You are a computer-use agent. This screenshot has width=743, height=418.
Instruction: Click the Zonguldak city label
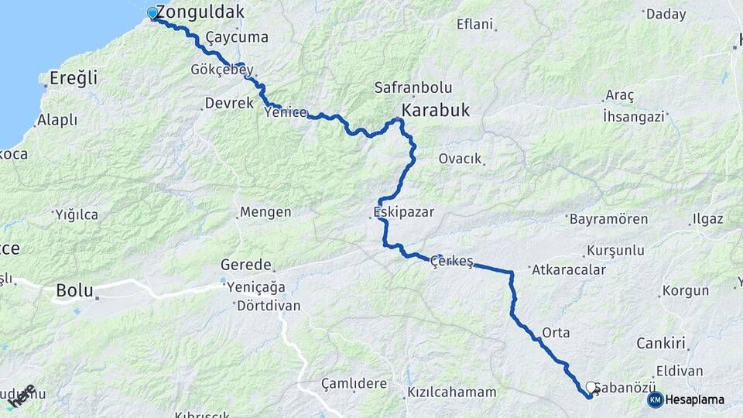pos(200,12)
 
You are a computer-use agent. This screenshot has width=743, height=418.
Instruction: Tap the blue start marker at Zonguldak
pos(152,13)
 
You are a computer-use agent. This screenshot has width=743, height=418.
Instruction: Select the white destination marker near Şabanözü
pos(591,387)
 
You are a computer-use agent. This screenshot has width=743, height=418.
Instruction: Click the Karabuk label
pos(435,111)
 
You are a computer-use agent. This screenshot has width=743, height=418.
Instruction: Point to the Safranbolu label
pos(413,88)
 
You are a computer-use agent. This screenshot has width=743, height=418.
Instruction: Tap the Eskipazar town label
pos(403,211)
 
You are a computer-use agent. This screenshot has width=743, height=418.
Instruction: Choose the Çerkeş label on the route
pos(453,261)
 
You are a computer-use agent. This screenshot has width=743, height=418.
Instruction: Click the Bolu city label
pos(75,291)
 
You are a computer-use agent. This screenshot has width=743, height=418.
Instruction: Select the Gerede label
pos(246,264)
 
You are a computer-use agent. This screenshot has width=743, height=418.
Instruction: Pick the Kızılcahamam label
pos(452,392)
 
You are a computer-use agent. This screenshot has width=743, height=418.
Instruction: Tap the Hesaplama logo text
pos(695,399)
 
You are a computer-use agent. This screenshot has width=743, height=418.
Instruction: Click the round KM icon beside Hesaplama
pos(656,399)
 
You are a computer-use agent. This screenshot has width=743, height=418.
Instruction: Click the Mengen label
pos(265,211)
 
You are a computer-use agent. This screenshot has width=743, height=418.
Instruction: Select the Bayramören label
pos(608,219)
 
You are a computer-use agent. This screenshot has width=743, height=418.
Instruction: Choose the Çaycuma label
pos(237,37)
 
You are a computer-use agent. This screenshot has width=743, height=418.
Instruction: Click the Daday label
pos(666,13)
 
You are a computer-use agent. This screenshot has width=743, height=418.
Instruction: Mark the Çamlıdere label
pos(354,383)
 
